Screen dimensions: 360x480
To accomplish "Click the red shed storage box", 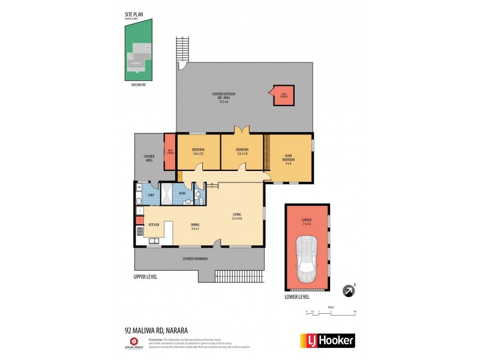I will [x=284, y=95].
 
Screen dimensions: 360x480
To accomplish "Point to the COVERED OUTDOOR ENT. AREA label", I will [x=223, y=97].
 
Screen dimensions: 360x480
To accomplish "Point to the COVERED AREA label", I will [x=149, y=158].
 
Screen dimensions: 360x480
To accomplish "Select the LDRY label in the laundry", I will [x=151, y=196].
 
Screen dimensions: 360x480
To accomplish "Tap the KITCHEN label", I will [x=154, y=224].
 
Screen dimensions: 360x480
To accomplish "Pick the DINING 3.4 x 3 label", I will [x=196, y=226].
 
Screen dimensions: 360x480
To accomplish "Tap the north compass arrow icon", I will [x=347, y=291].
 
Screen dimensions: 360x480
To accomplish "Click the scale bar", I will [x=331, y=311].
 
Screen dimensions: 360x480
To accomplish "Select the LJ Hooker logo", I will [x=327, y=340].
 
